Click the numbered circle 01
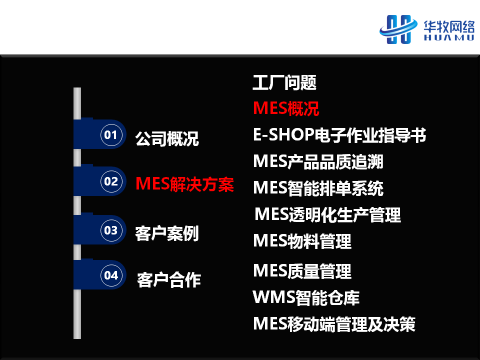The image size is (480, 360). point(111,134)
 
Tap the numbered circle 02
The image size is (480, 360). point(111,181)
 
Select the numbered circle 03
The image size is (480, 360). point(111,230)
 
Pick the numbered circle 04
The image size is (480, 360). point(111,275)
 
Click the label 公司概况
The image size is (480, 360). point(167,138)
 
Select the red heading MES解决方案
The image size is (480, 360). point(184,184)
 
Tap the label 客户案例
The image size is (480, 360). point(167,233)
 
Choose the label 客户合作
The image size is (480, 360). point(169,280)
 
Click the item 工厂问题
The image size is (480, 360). point(284,82)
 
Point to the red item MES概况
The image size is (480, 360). point(286,108)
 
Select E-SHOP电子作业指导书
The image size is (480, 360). point(339,134)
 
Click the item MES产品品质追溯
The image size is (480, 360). point(318,161)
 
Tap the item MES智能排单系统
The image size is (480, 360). point(318,188)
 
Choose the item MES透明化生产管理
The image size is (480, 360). point(328,214)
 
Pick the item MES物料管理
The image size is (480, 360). point(302,241)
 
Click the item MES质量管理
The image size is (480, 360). point(302,271)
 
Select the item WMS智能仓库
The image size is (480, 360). point(306,297)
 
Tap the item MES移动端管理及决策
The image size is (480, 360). point(334,324)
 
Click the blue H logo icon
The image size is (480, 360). point(398,29)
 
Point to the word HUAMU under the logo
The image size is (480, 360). point(449,37)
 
